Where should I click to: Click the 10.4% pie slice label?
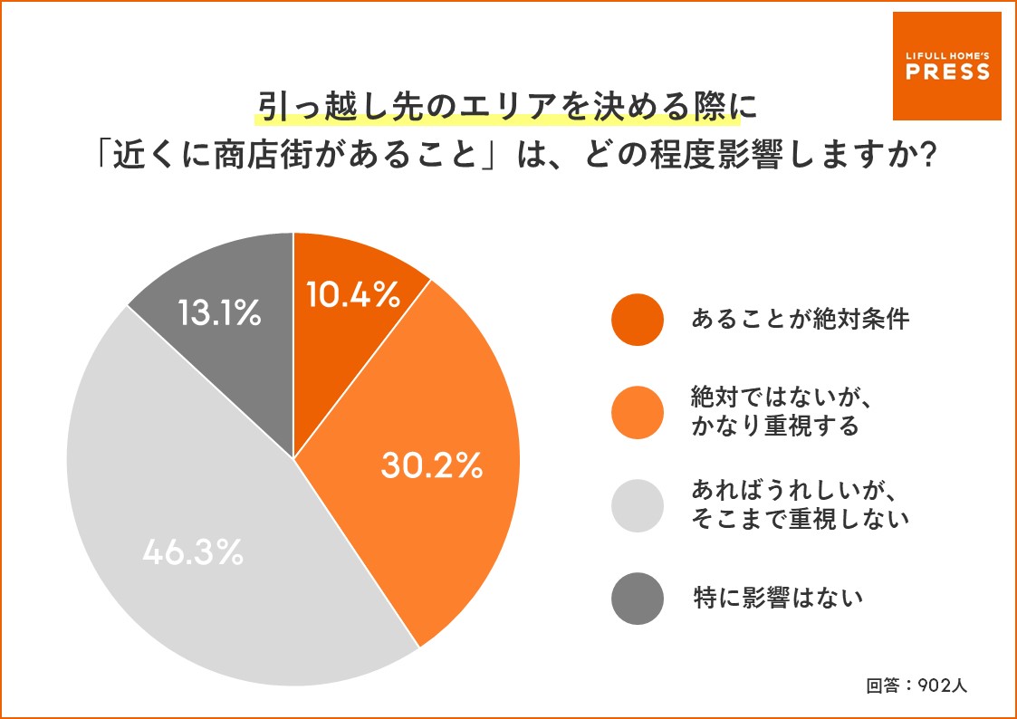[353, 294]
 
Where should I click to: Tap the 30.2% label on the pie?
[430, 465]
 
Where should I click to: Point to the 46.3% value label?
[193, 552]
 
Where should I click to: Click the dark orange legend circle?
[638, 320]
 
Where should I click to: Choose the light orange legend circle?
[638, 412]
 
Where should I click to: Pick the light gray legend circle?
[638, 504]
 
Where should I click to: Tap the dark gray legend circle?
[638, 597]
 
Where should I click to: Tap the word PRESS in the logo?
[947, 72]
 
